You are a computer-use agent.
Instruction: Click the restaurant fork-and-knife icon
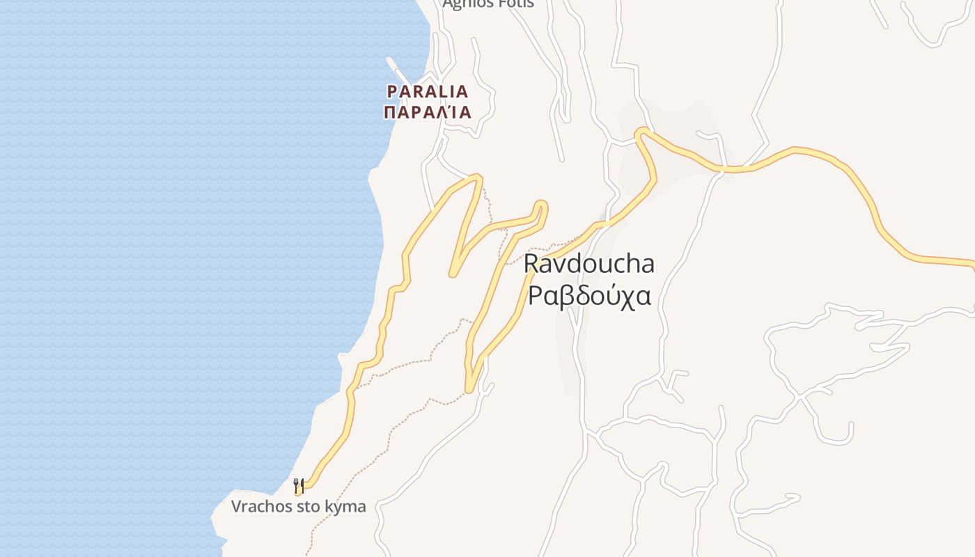pos(299,485)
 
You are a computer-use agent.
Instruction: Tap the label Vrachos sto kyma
pos(298,506)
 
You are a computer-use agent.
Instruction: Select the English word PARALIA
pos(428,91)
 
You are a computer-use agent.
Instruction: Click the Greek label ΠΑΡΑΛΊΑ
pos(428,112)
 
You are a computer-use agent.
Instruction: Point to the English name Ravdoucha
pos(588,265)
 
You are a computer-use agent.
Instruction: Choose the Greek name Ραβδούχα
pos(589,295)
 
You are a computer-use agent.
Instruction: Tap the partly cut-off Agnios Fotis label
pos(488,3)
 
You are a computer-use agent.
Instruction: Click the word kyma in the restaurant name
pos(343,507)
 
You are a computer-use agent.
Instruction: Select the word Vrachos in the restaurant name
pos(260,506)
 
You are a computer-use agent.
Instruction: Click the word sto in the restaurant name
pos(305,506)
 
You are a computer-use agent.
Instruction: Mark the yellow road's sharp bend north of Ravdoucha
pos(641,132)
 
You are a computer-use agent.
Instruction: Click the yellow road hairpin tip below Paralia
pos(477,178)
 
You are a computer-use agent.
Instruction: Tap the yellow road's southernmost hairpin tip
pos(469,388)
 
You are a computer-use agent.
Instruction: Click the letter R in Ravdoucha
pos(531,265)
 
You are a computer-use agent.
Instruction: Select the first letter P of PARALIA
pos(392,91)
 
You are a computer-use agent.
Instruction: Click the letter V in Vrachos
pos(237,506)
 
